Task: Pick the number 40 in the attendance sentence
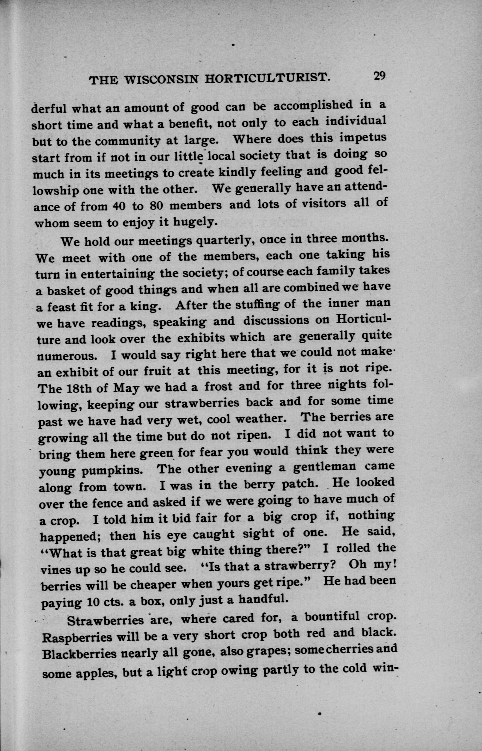118,207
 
